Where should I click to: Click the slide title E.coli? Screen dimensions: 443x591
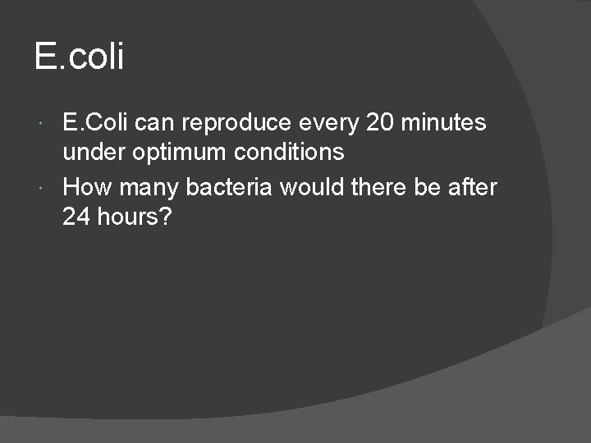[x=79, y=57]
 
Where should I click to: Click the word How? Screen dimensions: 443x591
[x=88, y=187]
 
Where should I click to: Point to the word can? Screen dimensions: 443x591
[x=155, y=123]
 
